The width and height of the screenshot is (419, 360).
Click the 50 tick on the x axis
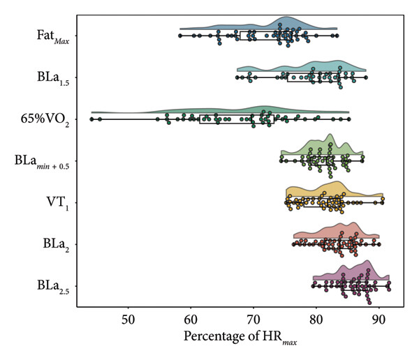[128, 320]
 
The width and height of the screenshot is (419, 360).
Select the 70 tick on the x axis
[253, 320]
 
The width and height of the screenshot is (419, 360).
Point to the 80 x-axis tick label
[316, 320]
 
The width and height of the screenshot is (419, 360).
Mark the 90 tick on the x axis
[378, 320]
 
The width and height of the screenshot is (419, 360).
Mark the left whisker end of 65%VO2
[91, 119]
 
